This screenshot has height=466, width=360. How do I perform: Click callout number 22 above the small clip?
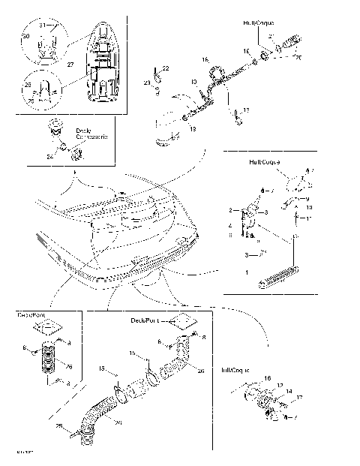(x=166, y=68)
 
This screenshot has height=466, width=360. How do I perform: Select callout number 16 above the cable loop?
(x=205, y=59)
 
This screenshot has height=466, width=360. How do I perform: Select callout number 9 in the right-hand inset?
(x=307, y=200)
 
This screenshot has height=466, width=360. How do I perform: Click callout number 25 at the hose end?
(x=73, y=426)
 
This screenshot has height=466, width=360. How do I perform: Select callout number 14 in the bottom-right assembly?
(x=289, y=392)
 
